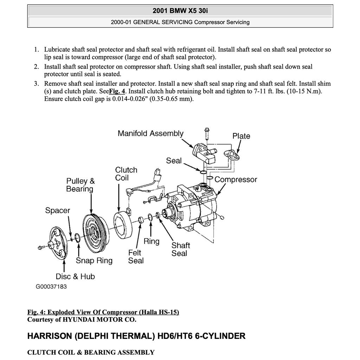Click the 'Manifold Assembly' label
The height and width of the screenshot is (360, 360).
point(150,134)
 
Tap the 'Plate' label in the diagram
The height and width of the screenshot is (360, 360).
point(241,136)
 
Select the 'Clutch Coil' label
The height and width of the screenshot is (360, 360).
point(126,174)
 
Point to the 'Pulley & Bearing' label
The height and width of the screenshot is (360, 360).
point(80,185)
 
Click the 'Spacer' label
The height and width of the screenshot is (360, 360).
point(58,211)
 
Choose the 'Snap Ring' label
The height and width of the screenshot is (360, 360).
point(94,261)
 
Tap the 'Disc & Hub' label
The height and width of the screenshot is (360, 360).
point(75,277)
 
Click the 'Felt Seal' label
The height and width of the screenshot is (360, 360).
point(135,257)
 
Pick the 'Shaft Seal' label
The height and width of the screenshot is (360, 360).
point(180,249)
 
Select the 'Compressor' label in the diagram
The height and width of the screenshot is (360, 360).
point(236,180)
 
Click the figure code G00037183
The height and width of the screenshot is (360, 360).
point(51,287)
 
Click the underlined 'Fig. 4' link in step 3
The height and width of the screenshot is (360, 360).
point(117,91)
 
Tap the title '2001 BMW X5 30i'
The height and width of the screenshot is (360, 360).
point(180,11)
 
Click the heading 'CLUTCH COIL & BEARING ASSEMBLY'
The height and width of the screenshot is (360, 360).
point(91,352)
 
